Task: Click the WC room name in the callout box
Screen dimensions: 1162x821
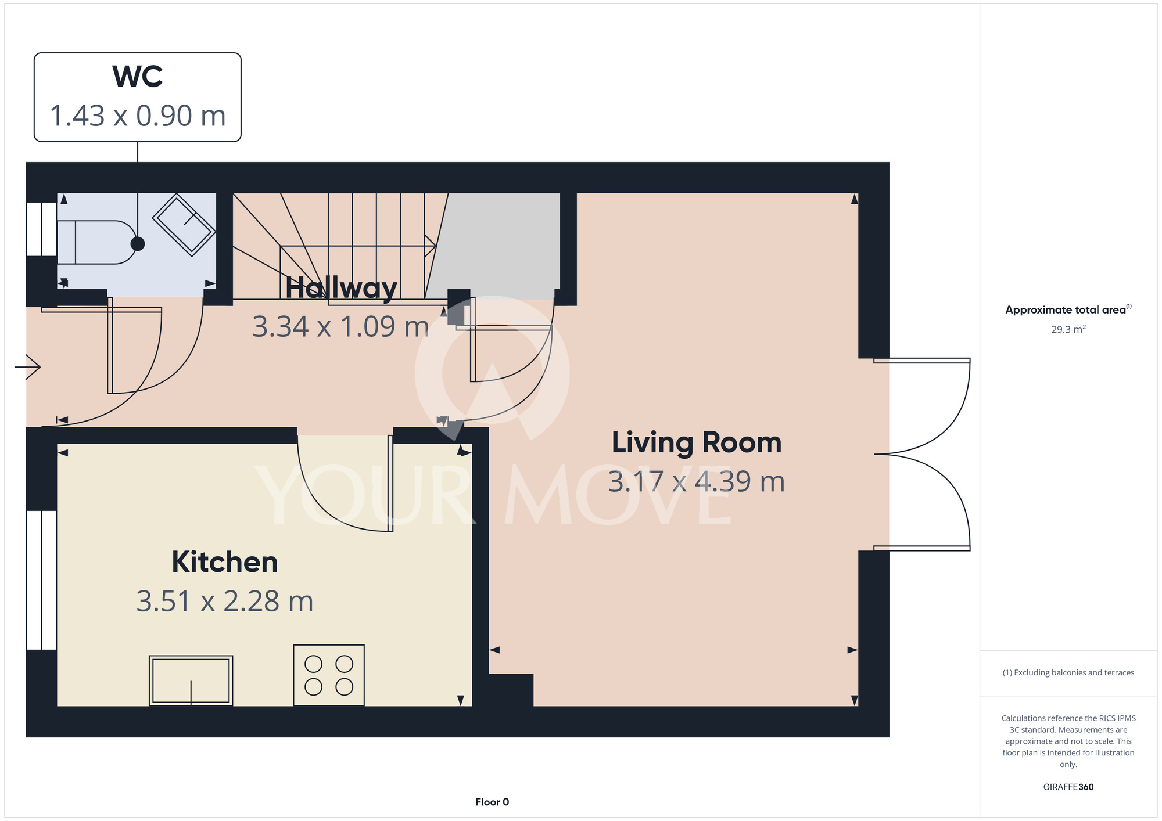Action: (x=138, y=77)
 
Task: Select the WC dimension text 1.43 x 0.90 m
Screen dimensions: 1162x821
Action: (x=138, y=116)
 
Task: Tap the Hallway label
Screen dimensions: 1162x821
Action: (x=341, y=287)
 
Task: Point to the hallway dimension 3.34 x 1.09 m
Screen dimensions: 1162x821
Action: (x=341, y=326)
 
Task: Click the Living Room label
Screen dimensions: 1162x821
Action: (x=697, y=442)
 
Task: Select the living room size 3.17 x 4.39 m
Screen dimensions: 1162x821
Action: (x=697, y=481)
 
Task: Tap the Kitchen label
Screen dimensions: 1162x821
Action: (x=225, y=562)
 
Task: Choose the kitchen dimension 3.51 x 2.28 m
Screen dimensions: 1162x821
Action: (x=225, y=601)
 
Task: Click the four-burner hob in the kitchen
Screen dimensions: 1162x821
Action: (x=329, y=675)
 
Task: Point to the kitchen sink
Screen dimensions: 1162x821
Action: (x=191, y=680)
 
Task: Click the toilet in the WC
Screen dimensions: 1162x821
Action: (x=96, y=243)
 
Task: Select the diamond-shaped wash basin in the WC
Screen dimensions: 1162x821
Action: (x=184, y=225)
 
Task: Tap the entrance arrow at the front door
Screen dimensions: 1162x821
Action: (x=27, y=367)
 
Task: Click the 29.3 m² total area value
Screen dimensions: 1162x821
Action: (x=1068, y=329)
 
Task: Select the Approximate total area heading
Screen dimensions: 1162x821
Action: (x=1068, y=309)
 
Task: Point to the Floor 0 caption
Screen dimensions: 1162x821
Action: (x=492, y=802)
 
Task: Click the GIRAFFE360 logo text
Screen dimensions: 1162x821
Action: (x=1068, y=787)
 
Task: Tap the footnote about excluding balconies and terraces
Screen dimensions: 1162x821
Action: (x=1068, y=672)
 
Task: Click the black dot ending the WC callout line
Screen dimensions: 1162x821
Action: (x=138, y=244)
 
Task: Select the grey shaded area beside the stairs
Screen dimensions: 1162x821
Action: (x=494, y=246)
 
